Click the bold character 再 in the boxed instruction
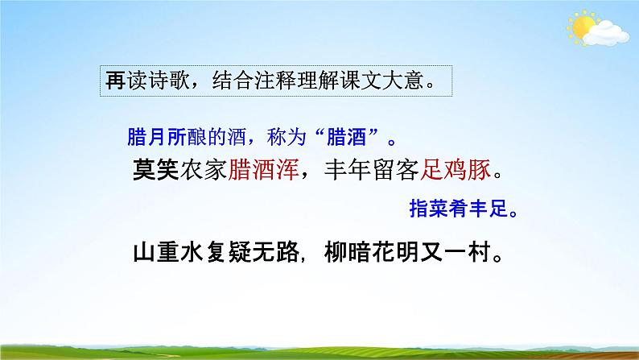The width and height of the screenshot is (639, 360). tap(115, 81)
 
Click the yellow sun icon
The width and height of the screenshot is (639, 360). tap(582, 28)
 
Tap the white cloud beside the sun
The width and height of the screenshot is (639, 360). tap(608, 34)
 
